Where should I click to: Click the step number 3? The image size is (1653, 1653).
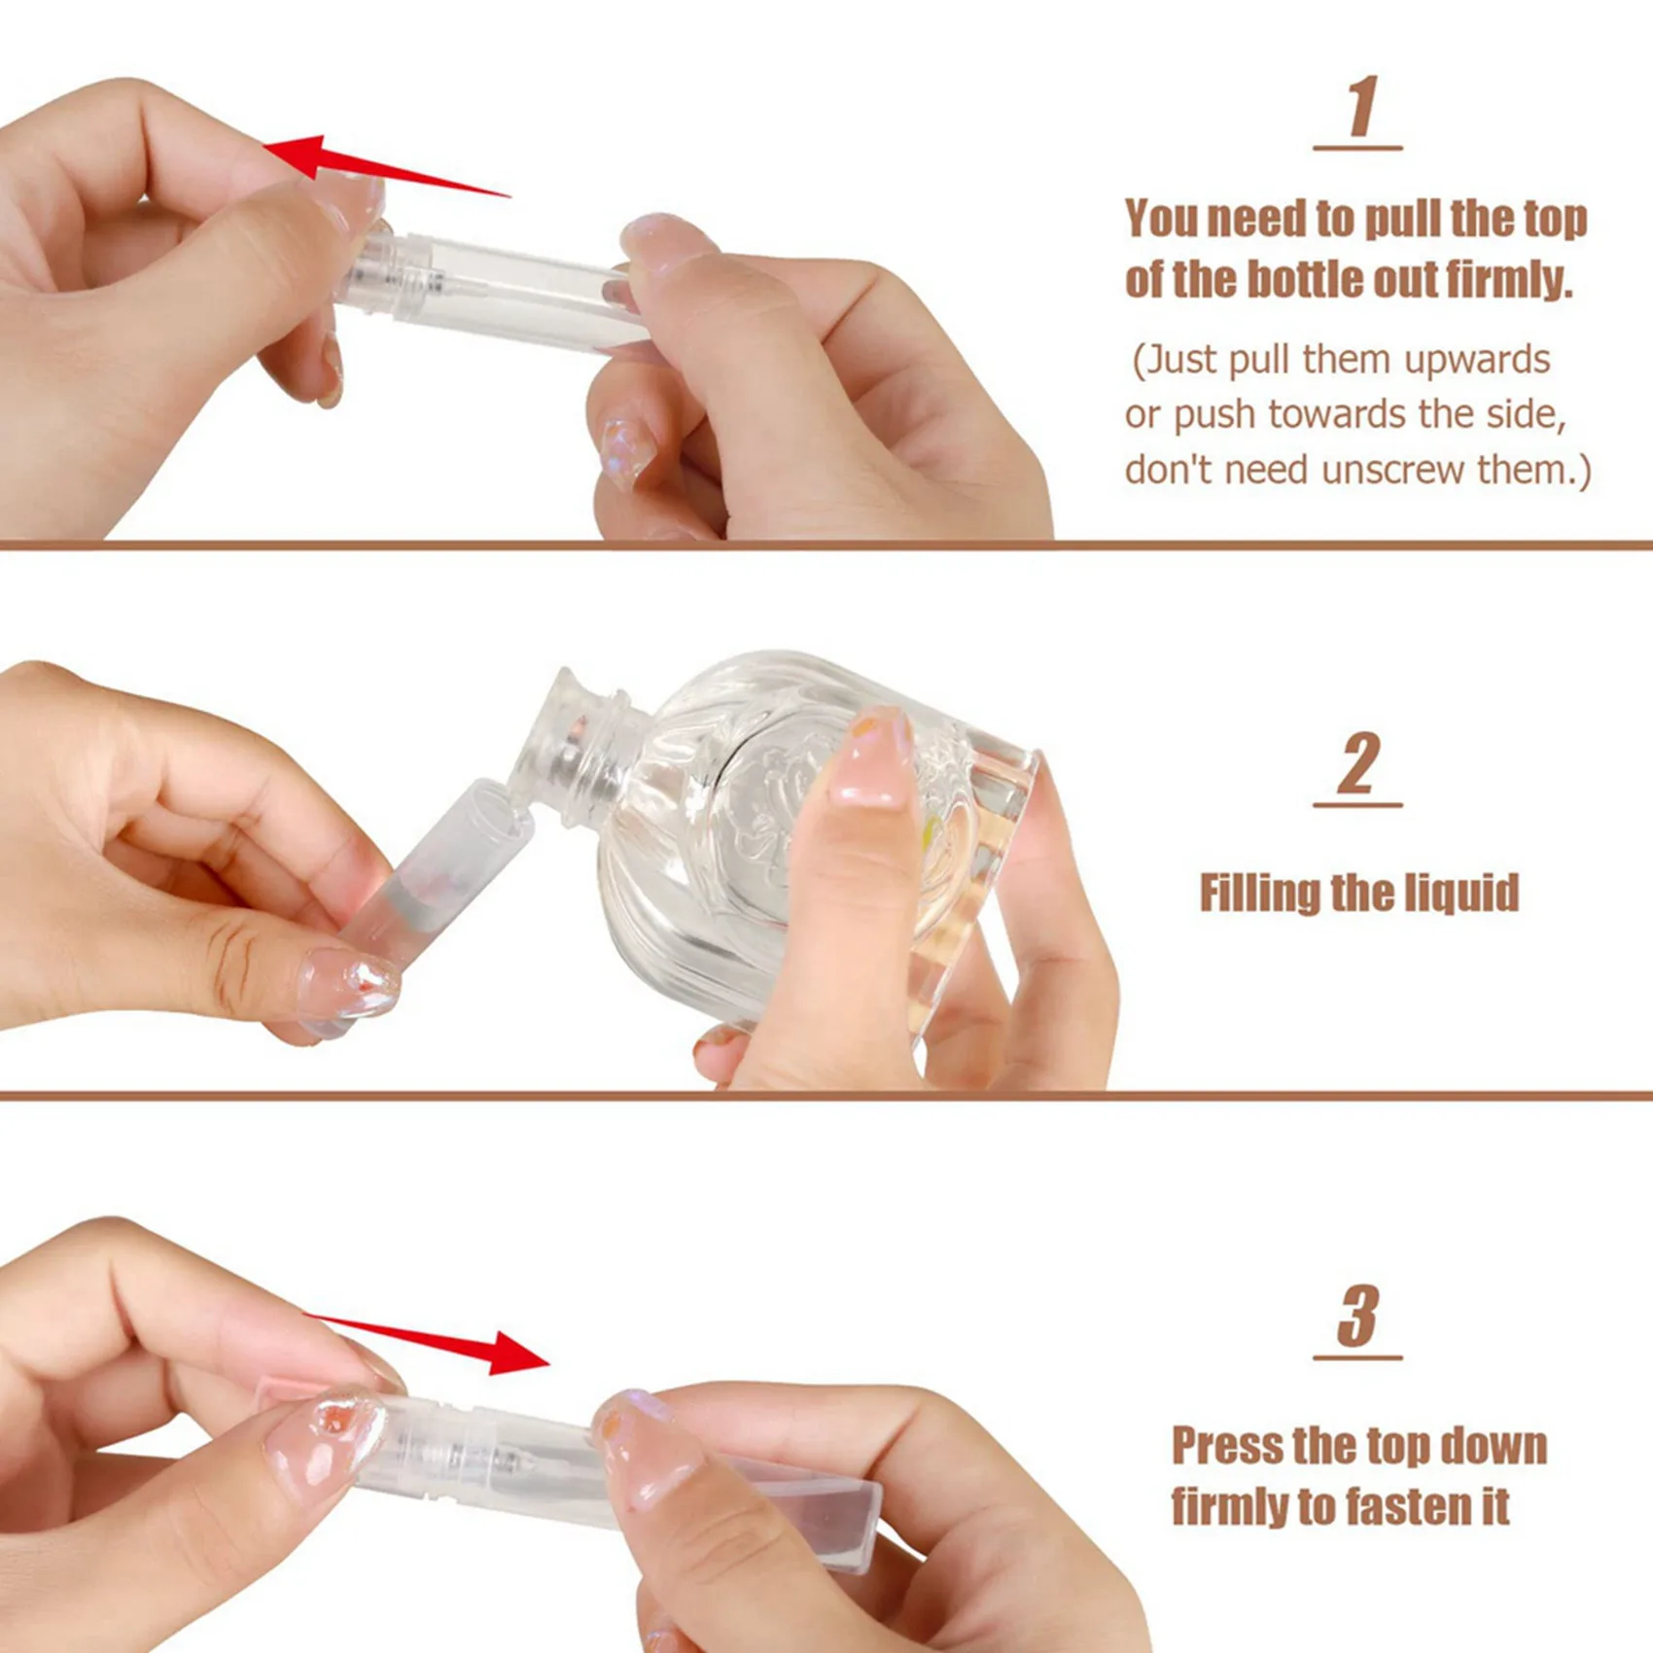[x=1358, y=1316]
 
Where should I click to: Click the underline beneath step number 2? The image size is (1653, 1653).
[x=1357, y=805]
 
